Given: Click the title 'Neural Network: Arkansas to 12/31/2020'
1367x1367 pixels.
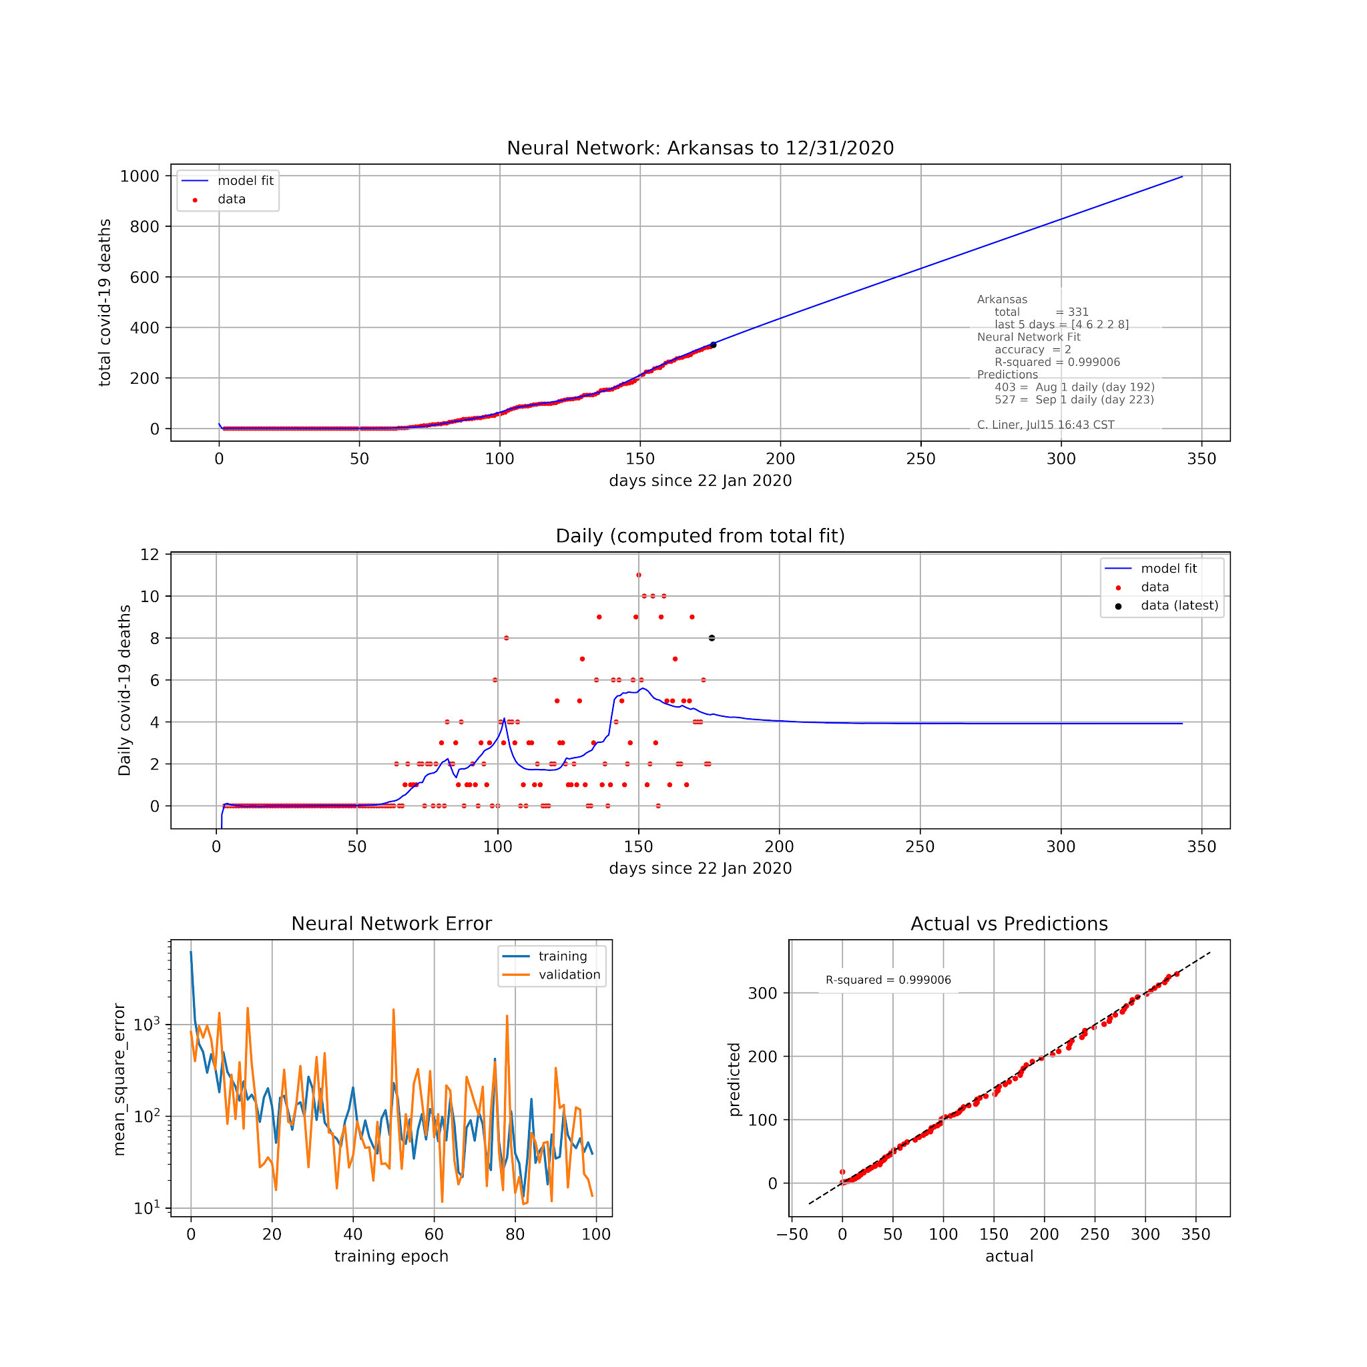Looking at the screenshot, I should (700, 148).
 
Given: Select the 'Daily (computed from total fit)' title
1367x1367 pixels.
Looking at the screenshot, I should (700, 535).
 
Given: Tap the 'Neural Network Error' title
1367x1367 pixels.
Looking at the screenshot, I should (391, 923).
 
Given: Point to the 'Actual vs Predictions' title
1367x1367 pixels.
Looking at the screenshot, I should (1009, 923).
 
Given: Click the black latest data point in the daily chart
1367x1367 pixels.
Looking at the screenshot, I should (712, 638).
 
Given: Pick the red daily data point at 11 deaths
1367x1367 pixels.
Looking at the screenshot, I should (639, 575).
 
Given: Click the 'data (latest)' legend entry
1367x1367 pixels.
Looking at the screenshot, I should (1179, 605).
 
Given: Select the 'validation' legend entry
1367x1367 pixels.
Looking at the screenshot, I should (569, 975).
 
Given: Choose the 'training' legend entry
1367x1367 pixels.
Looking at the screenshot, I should (563, 956).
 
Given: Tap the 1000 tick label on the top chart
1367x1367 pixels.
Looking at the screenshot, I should (140, 176).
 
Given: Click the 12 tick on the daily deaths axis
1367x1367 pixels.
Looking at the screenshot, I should (150, 555).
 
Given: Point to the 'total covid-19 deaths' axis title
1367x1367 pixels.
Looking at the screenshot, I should (105, 302).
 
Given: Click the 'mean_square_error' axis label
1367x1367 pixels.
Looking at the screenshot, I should (119, 1079).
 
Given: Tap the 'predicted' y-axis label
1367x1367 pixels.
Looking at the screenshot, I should (734, 1079).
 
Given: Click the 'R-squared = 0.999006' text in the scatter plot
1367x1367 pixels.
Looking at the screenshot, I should (888, 980).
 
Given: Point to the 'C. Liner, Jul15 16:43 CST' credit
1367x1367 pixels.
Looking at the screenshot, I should (1046, 425).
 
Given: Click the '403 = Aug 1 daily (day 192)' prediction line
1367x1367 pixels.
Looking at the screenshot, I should (1074, 387).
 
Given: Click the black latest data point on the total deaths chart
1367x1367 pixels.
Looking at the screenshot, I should (714, 345).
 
